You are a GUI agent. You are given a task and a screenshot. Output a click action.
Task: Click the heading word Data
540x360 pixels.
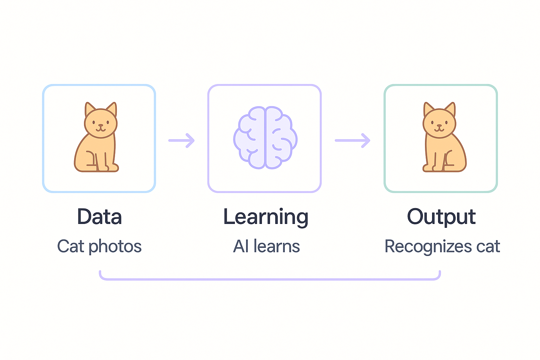pyautogui.click(x=99, y=217)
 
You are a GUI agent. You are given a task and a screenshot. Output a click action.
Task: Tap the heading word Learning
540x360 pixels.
pyautogui.click(x=266, y=217)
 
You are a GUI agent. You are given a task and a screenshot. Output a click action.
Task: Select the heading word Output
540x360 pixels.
pyautogui.click(x=441, y=217)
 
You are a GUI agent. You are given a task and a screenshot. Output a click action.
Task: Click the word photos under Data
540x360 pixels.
pyautogui.click(x=115, y=247)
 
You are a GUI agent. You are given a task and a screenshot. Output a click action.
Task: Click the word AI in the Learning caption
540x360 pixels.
pyautogui.click(x=241, y=246)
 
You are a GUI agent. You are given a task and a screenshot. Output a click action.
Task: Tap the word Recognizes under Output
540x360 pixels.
pyautogui.click(x=428, y=247)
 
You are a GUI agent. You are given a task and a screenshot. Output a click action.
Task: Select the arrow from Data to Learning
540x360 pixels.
pyautogui.click(x=181, y=140)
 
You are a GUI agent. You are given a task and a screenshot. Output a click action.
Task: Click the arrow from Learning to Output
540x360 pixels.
pyautogui.click(x=352, y=140)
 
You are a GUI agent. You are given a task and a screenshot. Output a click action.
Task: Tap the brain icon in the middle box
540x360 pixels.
pyautogui.click(x=265, y=138)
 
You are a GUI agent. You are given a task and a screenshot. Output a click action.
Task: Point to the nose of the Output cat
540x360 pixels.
pyautogui.click(x=439, y=125)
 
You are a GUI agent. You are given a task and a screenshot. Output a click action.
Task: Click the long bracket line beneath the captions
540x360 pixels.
pyautogui.click(x=270, y=279)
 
